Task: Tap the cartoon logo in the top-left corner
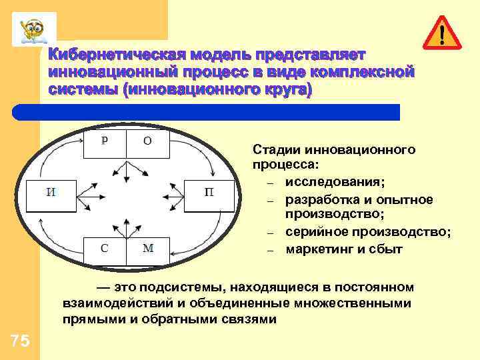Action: point(33,29)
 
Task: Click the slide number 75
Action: point(20,341)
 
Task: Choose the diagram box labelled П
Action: point(209,194)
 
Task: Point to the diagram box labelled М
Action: point(148,249)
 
